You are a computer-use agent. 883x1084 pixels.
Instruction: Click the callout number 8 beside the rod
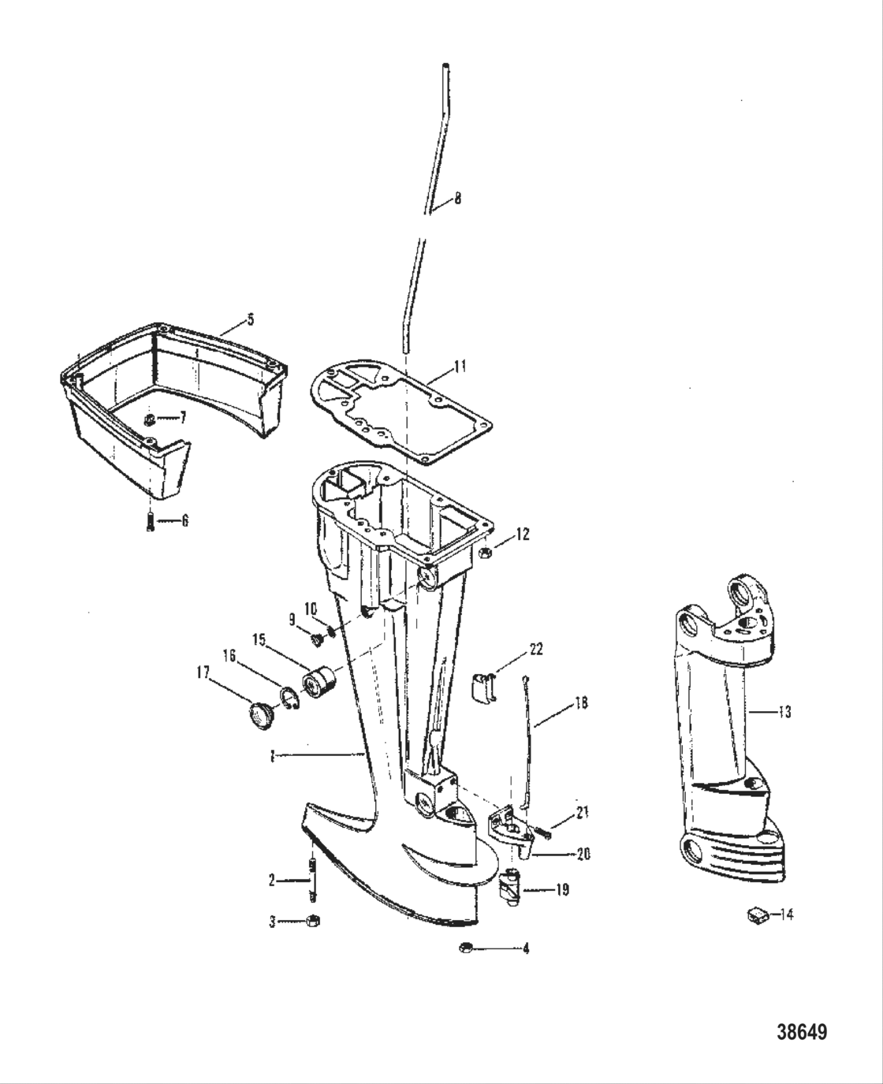pyautogui.click(x=457, y=199)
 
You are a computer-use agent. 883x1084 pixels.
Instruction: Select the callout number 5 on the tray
pyautogui.click(x=250, y=319)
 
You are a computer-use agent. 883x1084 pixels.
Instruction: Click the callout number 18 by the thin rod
pyautogui.click(x=581, y=702)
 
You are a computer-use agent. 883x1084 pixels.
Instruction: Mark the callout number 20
pyautogui.click(x=583, y=854)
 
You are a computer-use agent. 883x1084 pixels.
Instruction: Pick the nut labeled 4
pyautogui.click(x=465, y=948)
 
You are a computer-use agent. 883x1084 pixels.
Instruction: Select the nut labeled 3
pyautogui.click(x=311, y=921)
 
